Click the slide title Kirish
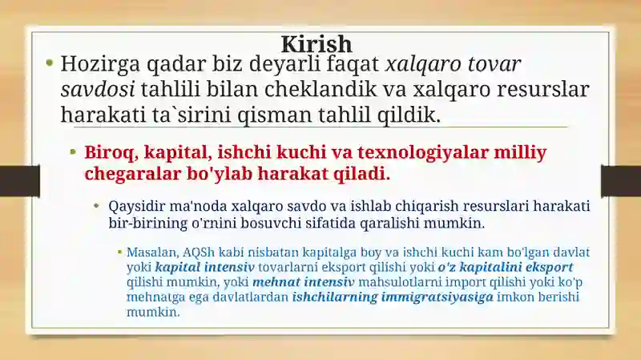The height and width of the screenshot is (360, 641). pos(316,44)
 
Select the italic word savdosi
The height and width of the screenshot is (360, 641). pos(98,90)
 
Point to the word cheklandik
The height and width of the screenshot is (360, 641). pos(320,89)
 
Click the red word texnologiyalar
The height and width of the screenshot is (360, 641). pos(423,153)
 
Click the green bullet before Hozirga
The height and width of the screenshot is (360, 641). pos(50,63)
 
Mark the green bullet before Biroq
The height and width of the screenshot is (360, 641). pos(73,152)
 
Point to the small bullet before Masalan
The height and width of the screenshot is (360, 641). pos(119,253)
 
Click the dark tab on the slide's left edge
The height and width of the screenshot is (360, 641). pos(19,181)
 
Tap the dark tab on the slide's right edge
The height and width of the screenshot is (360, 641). pos(621,181)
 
